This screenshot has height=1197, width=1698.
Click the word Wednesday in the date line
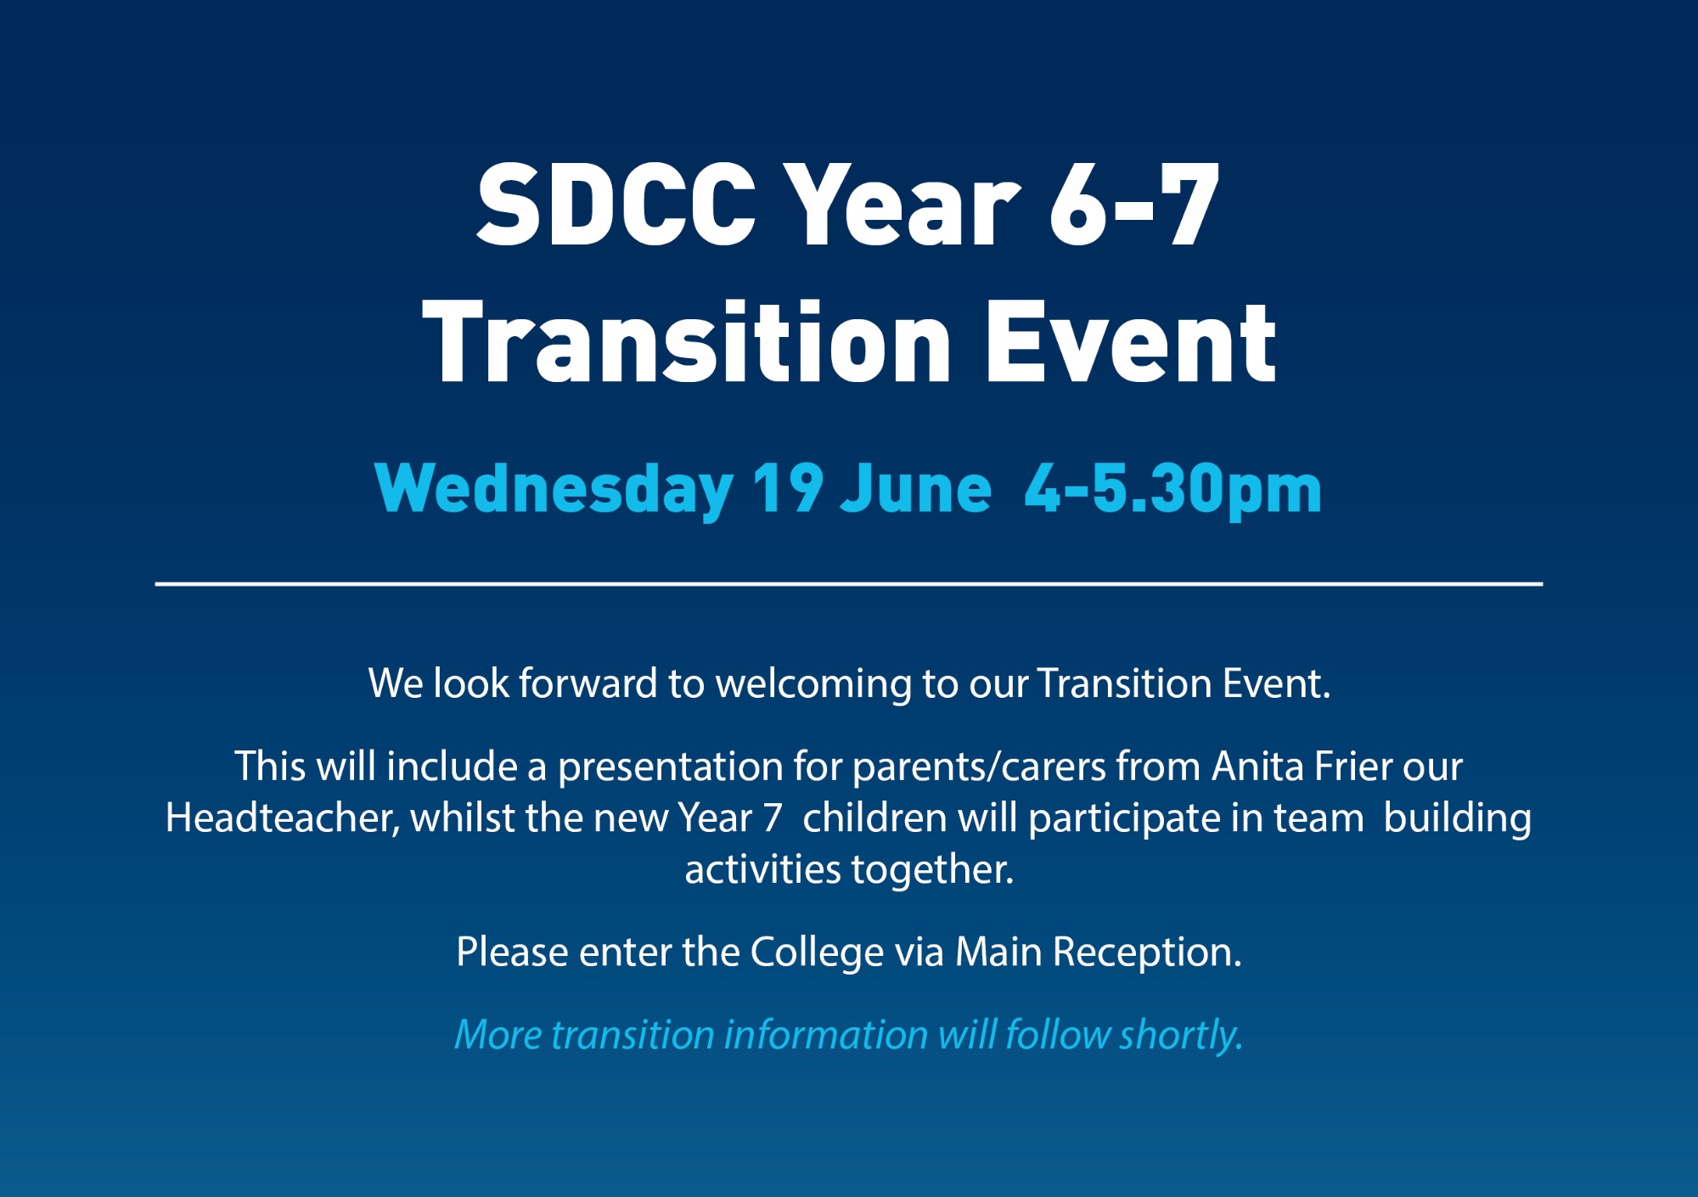click(554, 491)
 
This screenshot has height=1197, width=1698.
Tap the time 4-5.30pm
click(1172, 491)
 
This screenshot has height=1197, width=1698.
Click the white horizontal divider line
click(849, 584)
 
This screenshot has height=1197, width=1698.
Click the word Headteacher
click(282, 818)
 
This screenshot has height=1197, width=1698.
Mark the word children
click(874, 818)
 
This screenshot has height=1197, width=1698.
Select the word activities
click(763, 869)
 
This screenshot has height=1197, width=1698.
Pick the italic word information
click(826, 1035)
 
